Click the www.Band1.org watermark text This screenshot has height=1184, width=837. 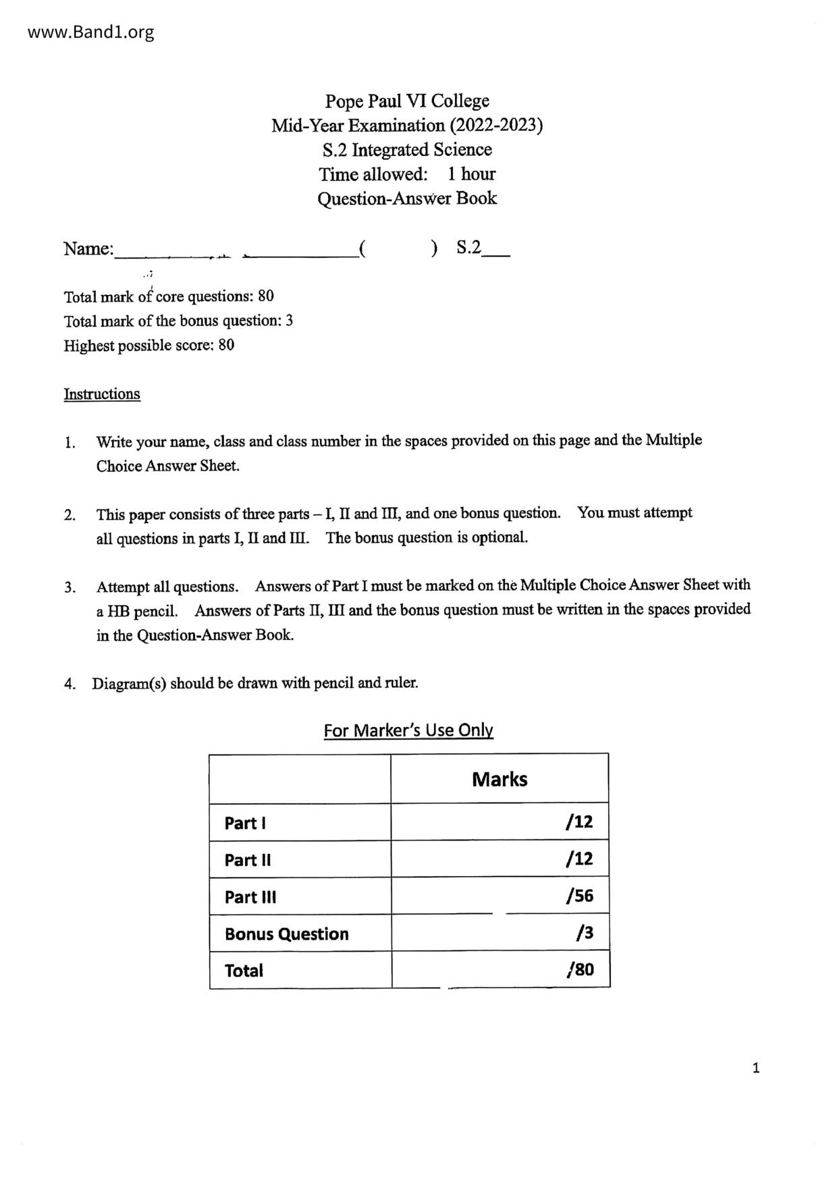coord(90,32)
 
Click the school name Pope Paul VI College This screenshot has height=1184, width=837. coord(407,101)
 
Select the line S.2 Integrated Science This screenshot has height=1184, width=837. coord(407,150)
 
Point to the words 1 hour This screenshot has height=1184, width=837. coord(471,174)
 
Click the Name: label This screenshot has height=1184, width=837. coord(88,249)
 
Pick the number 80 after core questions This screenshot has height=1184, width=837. coord(266,296)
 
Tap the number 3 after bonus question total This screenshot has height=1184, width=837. coord(289,321)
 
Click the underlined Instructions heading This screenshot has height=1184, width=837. coord(102,394)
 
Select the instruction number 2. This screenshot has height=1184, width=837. coord(70,516)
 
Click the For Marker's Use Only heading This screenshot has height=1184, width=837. coord(408,730)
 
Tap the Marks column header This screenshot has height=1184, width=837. coord(500,780)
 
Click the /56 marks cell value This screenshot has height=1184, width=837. coord(580,896)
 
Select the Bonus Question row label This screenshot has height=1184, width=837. coord(287,934)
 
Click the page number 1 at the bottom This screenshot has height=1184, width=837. coord(756,1068)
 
